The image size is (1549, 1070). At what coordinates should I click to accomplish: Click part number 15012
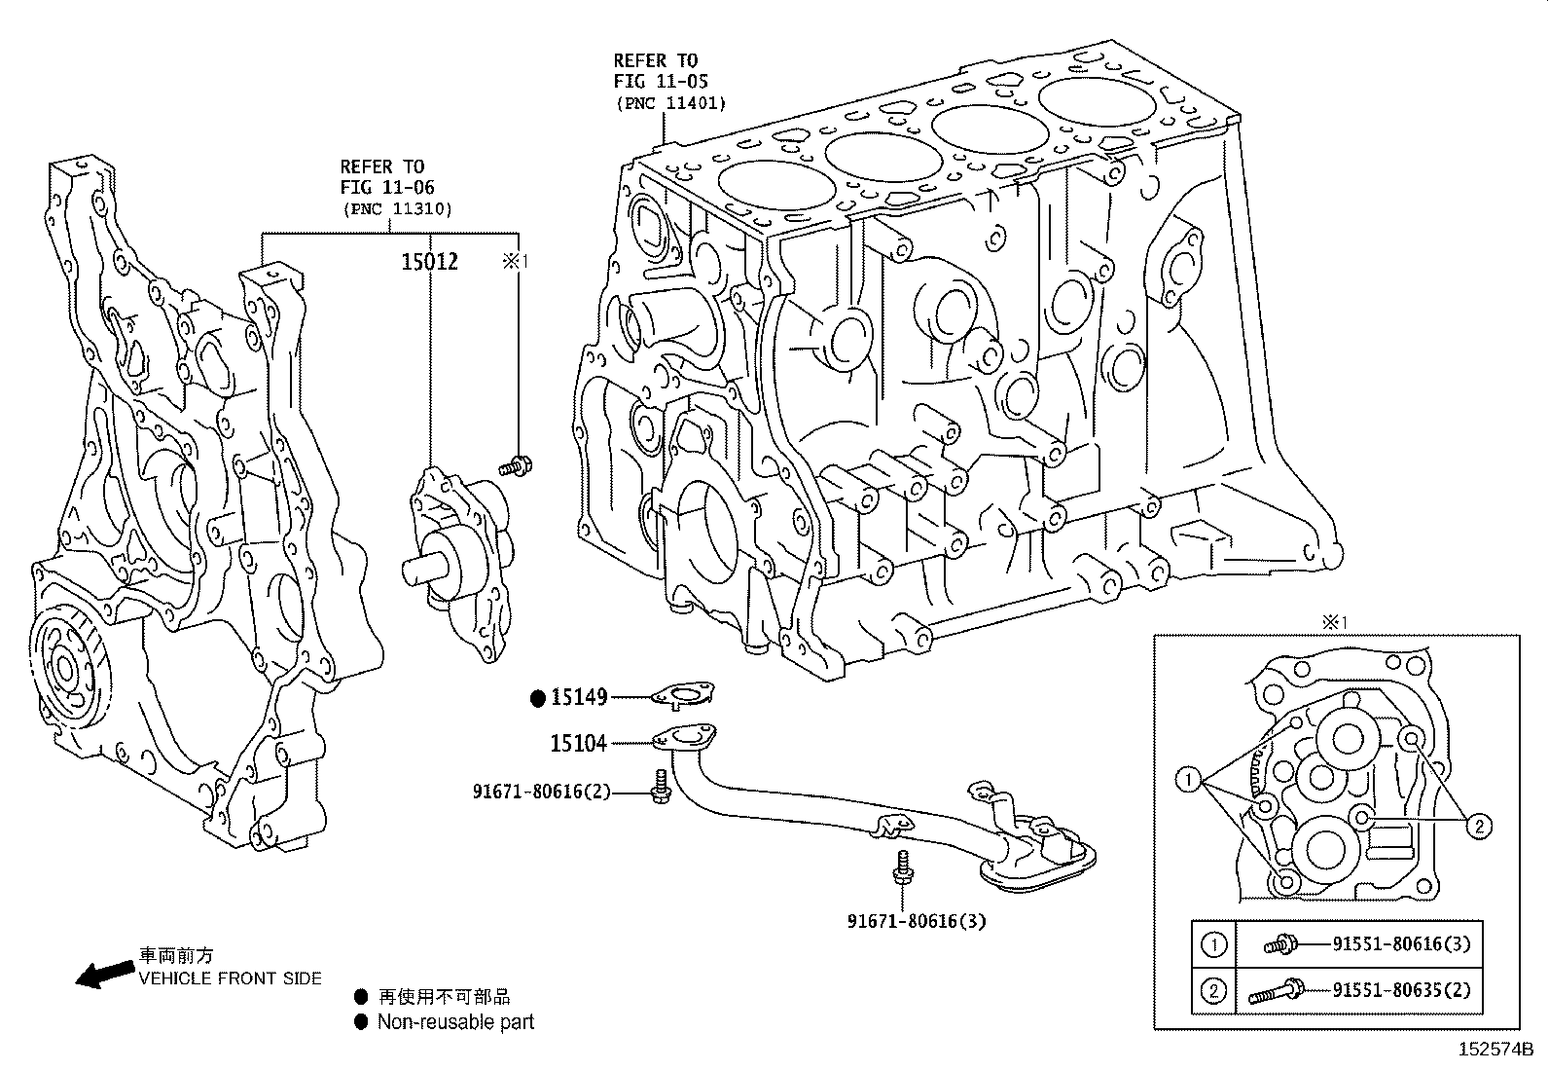coord(429,261)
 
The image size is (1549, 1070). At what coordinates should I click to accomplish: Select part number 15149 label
coord(579,697)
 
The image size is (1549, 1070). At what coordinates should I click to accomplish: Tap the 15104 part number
coord(578,744)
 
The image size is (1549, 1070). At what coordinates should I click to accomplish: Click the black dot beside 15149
coord(538,697)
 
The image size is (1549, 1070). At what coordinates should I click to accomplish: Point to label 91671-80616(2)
coord(541,792)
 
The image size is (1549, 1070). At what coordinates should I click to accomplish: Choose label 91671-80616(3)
coord(916,920)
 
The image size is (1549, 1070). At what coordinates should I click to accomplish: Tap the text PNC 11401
coord(670,103)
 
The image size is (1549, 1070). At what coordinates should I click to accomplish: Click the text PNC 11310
coord(397,208)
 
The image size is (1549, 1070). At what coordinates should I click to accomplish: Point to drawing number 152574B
coord(1495,1051)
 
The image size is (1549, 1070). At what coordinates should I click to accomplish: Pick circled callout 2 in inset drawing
coord(1477,827)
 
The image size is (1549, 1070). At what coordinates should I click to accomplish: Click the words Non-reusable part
coord(455,1022)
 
